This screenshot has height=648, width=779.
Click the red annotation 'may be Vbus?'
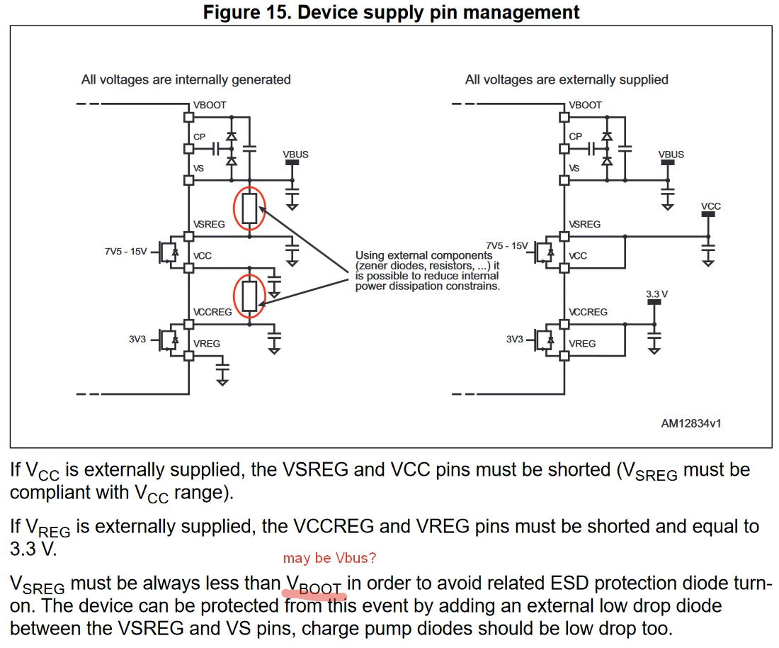click(329, 558)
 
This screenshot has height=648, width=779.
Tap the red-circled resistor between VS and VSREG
click(249, 208)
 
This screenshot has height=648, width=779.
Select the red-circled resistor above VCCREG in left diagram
click(249, 296)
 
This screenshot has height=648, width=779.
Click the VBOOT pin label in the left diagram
click(210, 105)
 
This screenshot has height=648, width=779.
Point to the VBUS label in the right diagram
click(671, 154)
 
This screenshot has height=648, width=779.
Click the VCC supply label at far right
click(711, 206)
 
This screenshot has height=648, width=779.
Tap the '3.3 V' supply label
click(656, 294)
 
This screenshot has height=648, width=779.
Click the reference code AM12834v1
click(691, 423)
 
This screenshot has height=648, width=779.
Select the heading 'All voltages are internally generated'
click(186, 79)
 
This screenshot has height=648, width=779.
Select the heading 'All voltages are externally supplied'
click(567, 79)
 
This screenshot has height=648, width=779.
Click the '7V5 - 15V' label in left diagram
click(125, 251)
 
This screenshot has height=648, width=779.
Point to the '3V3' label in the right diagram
click(515, 339)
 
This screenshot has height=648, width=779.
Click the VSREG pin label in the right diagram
click(585, 224)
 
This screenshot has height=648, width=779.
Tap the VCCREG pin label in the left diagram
click(212, 312)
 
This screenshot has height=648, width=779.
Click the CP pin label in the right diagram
click(575, 136)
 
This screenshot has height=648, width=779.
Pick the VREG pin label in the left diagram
click(207, 344)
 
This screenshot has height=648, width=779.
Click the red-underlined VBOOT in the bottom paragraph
click(314, 585)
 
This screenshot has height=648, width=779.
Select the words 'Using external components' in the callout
click(423, 255)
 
